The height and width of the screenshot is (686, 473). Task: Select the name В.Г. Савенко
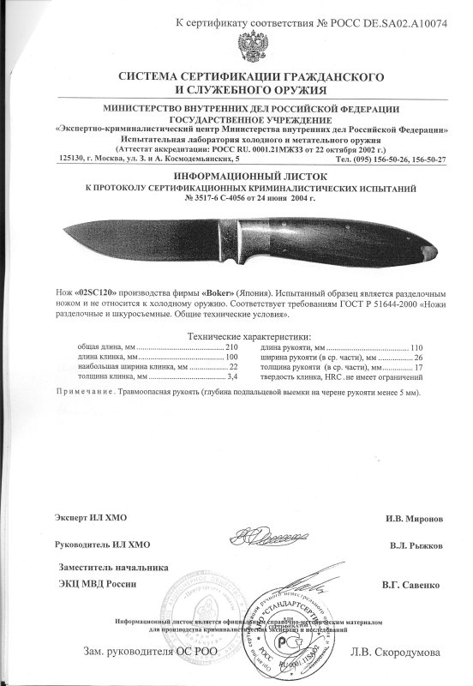point(411,584)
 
